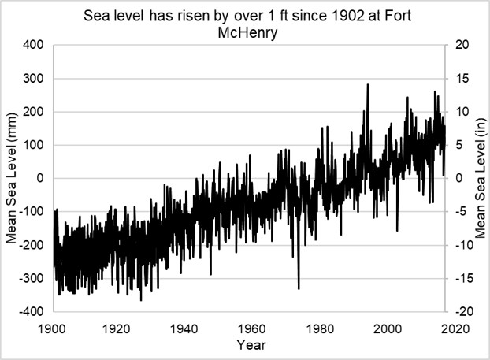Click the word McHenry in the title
247,33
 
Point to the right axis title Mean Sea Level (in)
481,178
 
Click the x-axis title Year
251,345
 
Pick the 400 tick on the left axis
33,45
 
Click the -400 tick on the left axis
32,312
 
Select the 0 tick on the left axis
40,178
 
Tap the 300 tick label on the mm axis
33,78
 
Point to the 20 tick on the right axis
462,45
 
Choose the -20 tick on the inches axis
460,312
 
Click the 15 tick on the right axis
462,78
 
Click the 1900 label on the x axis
52,328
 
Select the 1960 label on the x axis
251,328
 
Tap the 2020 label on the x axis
455,328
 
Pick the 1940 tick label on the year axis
184,328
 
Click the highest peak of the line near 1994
368,84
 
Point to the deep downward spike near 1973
299,289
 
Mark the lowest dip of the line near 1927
141,300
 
